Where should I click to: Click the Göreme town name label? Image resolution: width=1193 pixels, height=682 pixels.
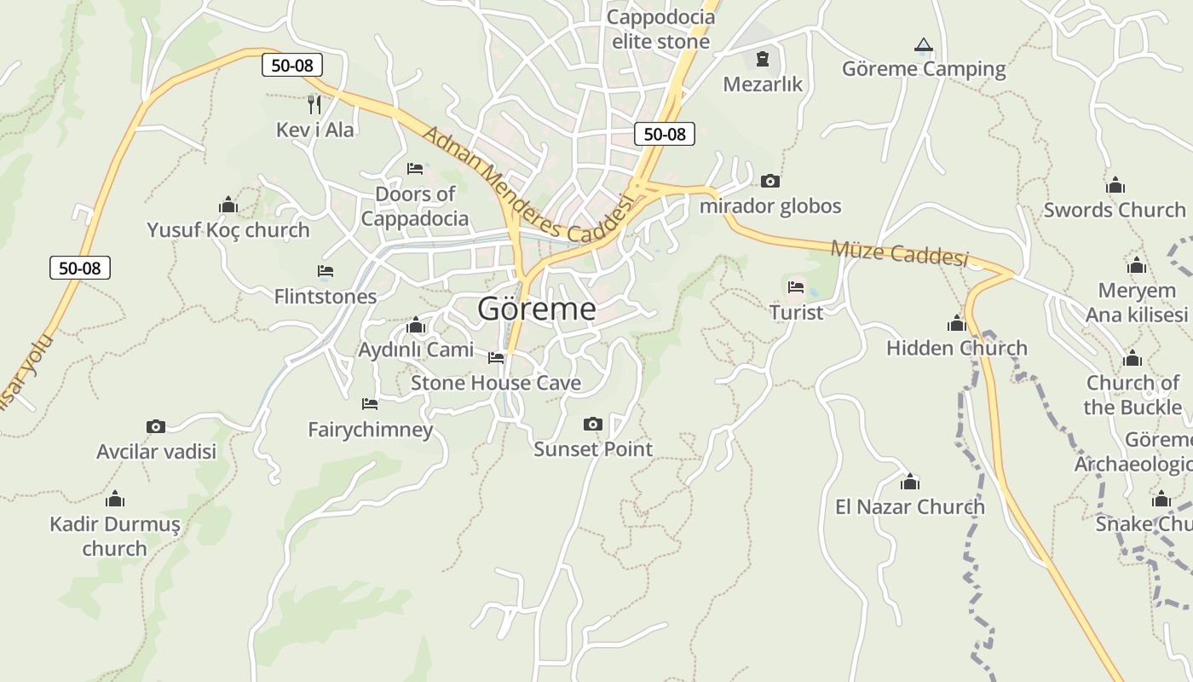537,309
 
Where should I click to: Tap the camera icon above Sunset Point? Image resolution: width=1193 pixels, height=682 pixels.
593,424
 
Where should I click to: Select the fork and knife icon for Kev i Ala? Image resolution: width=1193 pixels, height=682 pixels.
314,105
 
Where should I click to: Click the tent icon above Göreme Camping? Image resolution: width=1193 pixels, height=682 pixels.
923,44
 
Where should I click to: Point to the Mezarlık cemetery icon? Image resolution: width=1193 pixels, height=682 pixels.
762,59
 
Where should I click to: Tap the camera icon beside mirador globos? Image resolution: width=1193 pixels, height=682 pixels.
769,181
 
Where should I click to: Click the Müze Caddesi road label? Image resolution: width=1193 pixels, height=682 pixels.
899,253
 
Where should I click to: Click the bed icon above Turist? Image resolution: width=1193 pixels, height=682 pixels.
796,286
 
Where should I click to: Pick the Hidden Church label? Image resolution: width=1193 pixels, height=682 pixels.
956,348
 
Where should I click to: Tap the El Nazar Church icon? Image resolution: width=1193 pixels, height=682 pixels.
910,483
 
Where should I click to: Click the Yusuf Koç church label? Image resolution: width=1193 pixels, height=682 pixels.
228,230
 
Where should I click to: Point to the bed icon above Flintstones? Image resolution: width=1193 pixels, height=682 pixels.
325,271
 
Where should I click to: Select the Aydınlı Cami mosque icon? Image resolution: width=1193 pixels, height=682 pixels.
416,326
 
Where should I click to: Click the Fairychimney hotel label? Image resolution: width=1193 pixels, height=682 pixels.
370,429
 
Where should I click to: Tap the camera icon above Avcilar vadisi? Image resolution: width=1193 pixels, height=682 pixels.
155,426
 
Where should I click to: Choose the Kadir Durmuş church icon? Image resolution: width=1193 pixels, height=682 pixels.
115,500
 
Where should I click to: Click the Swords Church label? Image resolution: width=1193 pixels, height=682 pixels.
1114,210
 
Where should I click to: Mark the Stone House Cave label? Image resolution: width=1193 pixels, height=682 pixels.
496,383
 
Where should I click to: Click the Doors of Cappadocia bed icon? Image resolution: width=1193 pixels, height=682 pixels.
415,169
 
